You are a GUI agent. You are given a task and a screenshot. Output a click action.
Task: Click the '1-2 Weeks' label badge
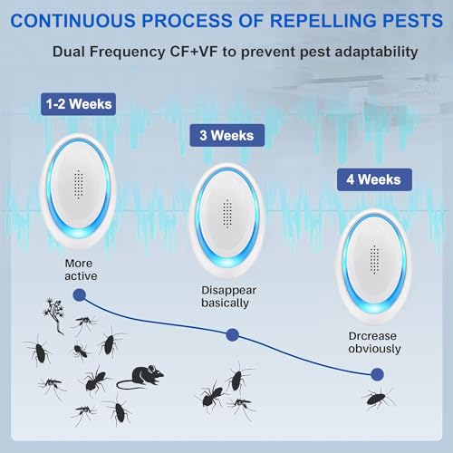78,104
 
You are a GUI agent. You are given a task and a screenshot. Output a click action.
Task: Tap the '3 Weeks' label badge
226,135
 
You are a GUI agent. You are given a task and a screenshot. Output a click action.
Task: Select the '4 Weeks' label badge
374,179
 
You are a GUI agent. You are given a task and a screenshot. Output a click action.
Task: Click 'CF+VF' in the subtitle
194,52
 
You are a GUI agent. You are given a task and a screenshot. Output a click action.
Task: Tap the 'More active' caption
81,270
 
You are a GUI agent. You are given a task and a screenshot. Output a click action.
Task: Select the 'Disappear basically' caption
228,296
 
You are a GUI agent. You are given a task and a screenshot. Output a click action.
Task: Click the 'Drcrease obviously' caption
374,342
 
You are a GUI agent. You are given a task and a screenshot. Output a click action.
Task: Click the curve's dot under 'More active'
80,295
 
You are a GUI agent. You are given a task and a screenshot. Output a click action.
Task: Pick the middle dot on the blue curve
232,335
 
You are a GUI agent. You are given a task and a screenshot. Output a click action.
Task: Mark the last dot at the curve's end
377,374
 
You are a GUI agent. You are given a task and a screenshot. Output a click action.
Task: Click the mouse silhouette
140,377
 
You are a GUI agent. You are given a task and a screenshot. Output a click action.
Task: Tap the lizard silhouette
54,315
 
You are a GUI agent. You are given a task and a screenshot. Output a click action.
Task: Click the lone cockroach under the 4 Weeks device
379,399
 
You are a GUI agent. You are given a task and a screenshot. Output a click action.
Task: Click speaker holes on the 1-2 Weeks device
78,184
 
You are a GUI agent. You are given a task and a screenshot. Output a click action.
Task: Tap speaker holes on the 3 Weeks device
227,214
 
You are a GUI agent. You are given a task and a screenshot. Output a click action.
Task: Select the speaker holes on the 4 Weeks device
374,260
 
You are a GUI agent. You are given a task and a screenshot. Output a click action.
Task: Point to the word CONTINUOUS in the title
72,21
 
